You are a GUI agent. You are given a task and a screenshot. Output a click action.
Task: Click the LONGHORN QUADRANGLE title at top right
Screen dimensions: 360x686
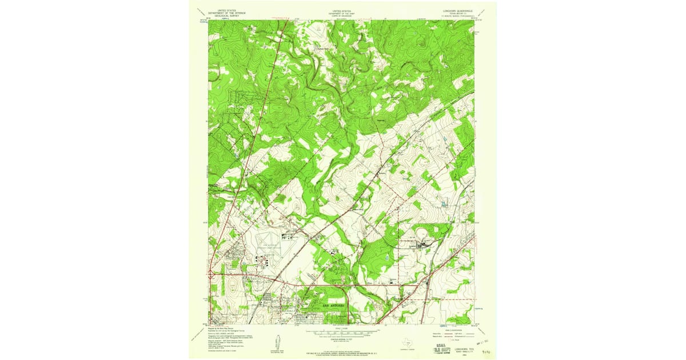(456, 10)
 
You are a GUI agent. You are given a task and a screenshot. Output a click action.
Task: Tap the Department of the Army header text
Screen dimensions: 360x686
(341, 13)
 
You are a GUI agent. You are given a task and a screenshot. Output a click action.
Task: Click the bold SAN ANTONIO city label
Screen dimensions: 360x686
(334, 306)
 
